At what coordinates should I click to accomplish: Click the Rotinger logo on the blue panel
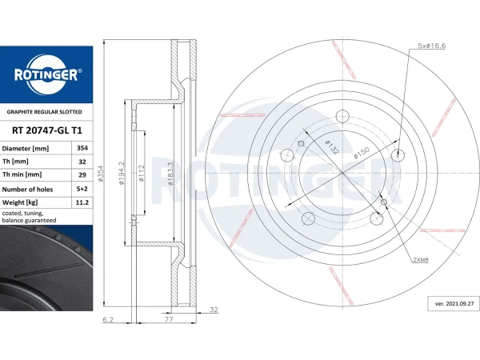point(46,74)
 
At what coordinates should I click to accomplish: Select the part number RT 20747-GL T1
point(47,130)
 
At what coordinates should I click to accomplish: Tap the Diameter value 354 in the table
point(82,148)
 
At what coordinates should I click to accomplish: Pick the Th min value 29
point(82,174)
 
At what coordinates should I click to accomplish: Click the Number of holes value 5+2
point(82,189)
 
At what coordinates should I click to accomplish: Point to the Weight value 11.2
point(82,202)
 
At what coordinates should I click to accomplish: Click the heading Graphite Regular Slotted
point(44,112)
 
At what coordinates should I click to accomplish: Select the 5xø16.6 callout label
point(432,46)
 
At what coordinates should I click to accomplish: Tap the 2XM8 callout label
point(421,260)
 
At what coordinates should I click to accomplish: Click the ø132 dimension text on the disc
point(332,147)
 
